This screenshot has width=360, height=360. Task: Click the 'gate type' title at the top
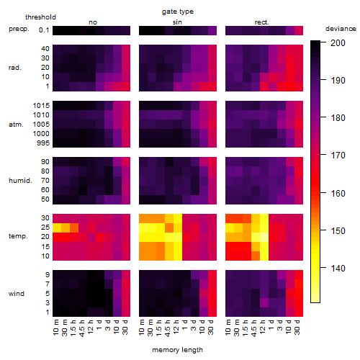[178, 12]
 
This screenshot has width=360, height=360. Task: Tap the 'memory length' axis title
[177, 350]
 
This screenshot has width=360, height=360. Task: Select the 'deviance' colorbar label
[341, 29]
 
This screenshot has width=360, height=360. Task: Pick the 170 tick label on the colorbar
[338, 156]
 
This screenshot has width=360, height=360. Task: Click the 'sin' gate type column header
[177, 22]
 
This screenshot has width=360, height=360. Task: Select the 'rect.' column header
[261, 22]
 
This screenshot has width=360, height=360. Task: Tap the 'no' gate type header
[93, 22]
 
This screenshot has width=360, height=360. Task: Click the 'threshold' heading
[40, 17]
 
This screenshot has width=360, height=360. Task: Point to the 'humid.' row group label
[20, 181]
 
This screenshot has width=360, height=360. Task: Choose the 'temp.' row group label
[18, 236]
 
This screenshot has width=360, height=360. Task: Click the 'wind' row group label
[17, 294]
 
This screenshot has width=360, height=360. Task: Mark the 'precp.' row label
[19, 29]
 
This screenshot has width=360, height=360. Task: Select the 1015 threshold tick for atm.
[41, 106]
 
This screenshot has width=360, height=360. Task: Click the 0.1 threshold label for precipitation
[44, 30]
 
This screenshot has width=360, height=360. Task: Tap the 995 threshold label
[43, 143]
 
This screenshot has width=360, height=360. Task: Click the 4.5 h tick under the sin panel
[168, 328]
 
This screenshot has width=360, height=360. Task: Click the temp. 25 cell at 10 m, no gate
[57, 227]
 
